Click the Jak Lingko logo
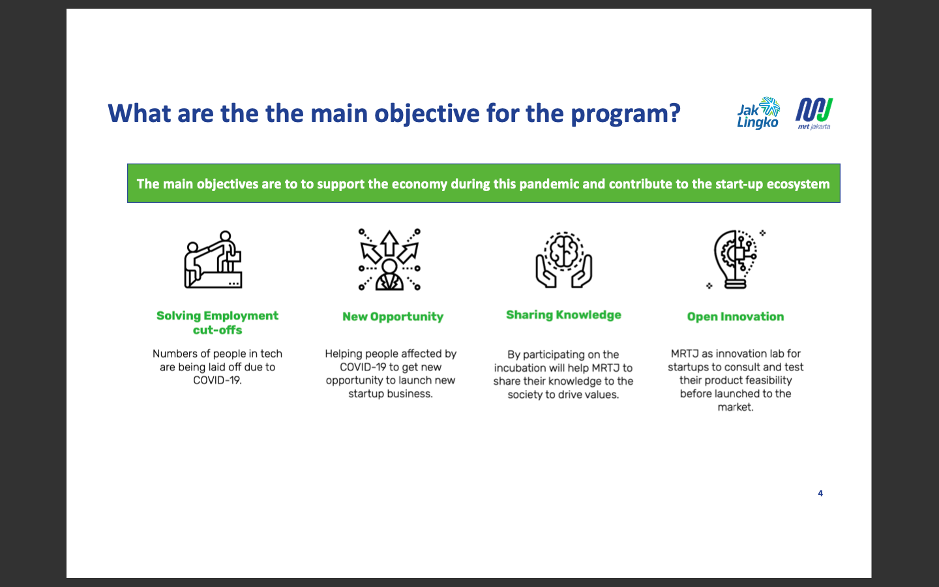pyautogui.click(x=758, y=113)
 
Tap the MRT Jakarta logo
pyautogui.click(x=814, y=113)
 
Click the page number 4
pyautogui.click(x=820, y=494)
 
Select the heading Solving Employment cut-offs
pyautogui.click(x=217, y=322)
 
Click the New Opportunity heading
pyautogui.click(x=393, y=316)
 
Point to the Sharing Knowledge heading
pyautogui.click(x=563, y=315)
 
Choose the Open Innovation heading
pyautogui.click(x=736, y=316)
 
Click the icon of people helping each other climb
pyautogui.click(x=213, y=260)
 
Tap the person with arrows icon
pyautogui.click(x=389, y=260)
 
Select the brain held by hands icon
pyautogui.click(x=564, y=260)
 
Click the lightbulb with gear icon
pyautogui.click(x=736, y=260)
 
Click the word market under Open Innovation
pyautogui.click(x=735, y=407)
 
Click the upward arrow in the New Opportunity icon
pyautogui.click(x=389, y=243)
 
